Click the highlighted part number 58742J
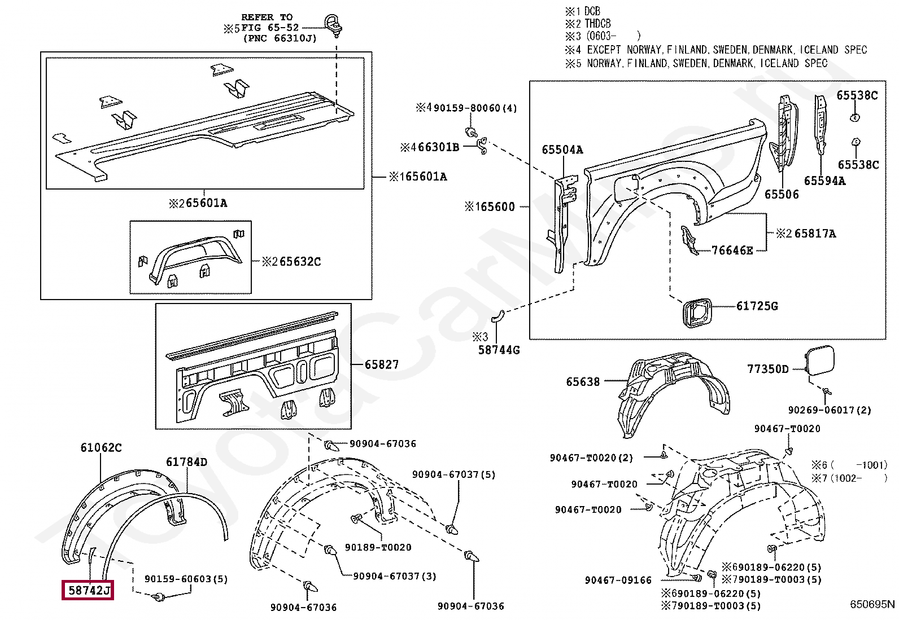pyautogui.click(x=88, y=591)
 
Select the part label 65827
pyautogui.click(x=382, y=364)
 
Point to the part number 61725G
pyautogui.click(x=757, y=306)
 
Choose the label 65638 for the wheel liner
pyautogui.click(x=583, y=382)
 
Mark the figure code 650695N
pyautogui.click(x=872, y=604)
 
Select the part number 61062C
pyautogui.click(x=101, y=448)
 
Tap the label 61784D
pyautogui.click(x=186, y=462)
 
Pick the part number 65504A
pyautogui.click(x=562, y=149)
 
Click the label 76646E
pyautogui.click(x=732, y=250)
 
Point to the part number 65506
pyautogui.click(x=782, y=194)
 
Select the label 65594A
pyautogui.click(x=824, y=181)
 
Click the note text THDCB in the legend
pyautogui.click(x=597, y=24)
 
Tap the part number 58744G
pyautogui.click(x=499, y=350)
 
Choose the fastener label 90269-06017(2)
pyautogui.click(x=830, y=410)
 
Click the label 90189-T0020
pyautogui.click(x=378, y=547)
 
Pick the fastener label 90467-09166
pyautogui.click(x=618, y=580)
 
